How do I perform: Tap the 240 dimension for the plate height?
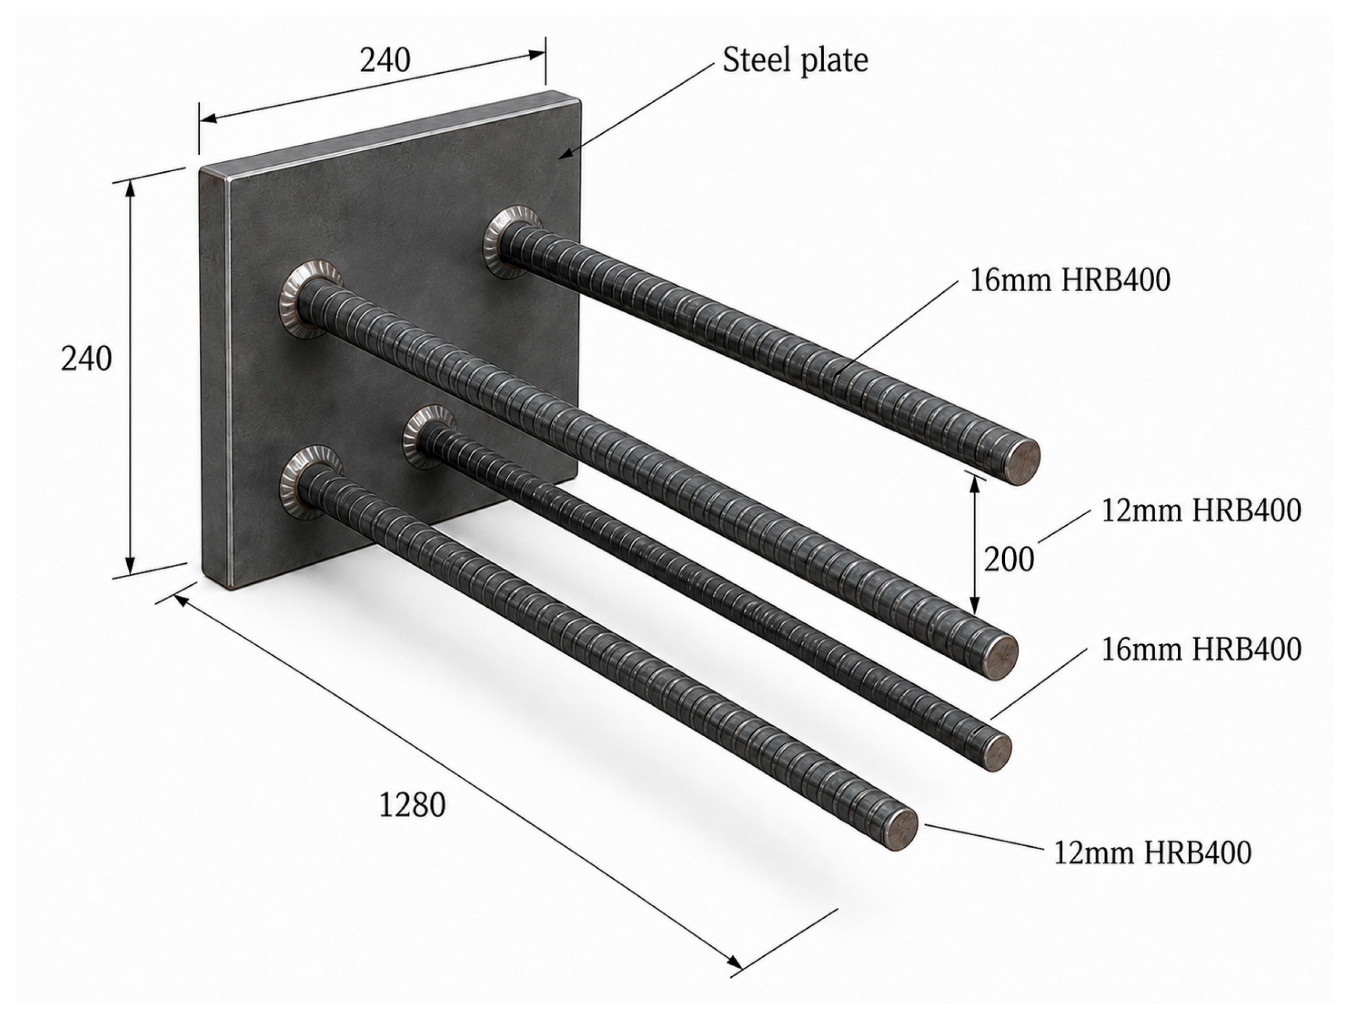[x=86, y=359]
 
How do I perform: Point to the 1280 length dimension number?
[x=412, y=805]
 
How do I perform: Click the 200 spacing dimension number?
[x=1009, y=559]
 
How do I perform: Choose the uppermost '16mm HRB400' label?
[x=1070, y=280]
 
